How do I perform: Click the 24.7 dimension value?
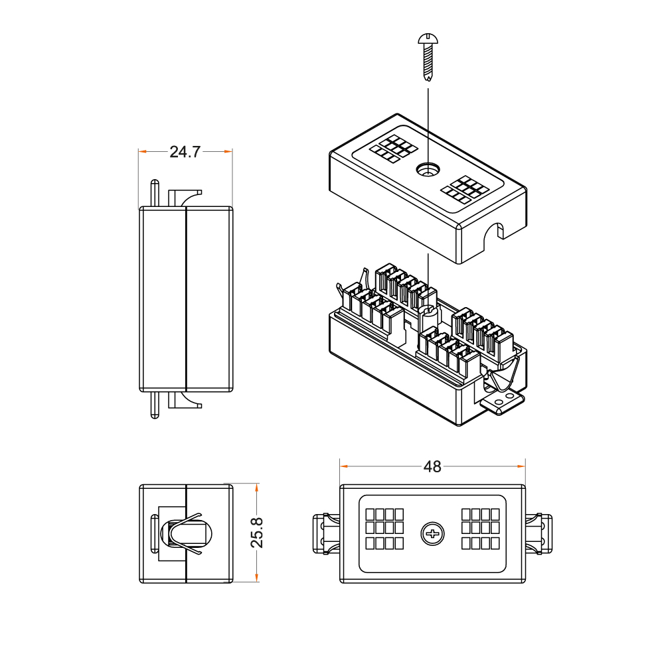185,152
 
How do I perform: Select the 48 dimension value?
432,466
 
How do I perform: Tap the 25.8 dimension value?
257,533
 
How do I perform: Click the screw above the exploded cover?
428,57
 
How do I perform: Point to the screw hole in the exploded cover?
427,170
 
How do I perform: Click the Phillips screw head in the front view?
432,533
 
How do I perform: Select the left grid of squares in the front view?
384,529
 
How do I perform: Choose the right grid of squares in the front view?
481,529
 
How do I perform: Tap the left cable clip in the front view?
327,533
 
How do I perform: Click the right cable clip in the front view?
539,533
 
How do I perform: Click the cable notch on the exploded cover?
494,231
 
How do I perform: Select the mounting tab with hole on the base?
502,401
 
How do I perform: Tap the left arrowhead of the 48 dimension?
343,466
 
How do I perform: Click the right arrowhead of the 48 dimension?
523,466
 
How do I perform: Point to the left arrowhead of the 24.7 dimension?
141,152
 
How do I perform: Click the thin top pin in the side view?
155,193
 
